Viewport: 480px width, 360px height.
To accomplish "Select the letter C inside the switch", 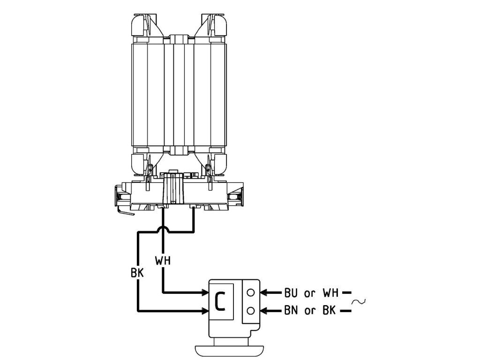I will pyautogui.click(x=221, y=302).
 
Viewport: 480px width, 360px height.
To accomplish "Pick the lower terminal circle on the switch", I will pyautogui.click(x=251, y=310).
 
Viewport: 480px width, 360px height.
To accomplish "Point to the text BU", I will pyautogui.click(x=291, y=293).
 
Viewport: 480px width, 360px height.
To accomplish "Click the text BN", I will pyautogui.click(x=291, y=311).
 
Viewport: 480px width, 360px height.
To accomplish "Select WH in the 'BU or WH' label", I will pyautogui.click(x=331, y=293).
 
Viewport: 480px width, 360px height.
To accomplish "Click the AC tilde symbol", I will pyautogui.click(x=360, y=302).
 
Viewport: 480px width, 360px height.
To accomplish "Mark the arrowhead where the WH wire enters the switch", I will pyautogui.click(x=205, y=293).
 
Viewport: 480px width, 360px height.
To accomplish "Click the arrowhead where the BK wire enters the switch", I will pyautogui.click(x=205, y=310).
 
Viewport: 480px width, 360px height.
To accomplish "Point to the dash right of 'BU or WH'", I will pyautogui.click(x=347, y=293).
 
